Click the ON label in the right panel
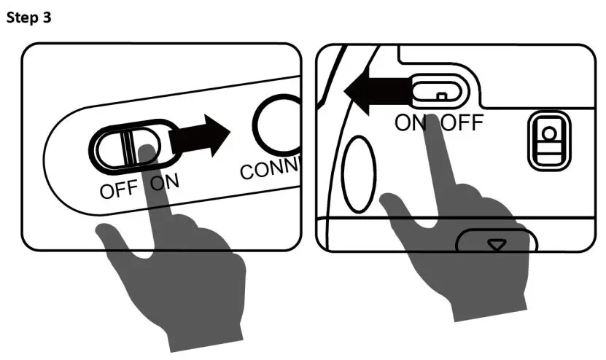(x=412, y=122)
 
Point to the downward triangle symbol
(x=497, y=246)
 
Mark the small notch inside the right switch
(x=440, y=96)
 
